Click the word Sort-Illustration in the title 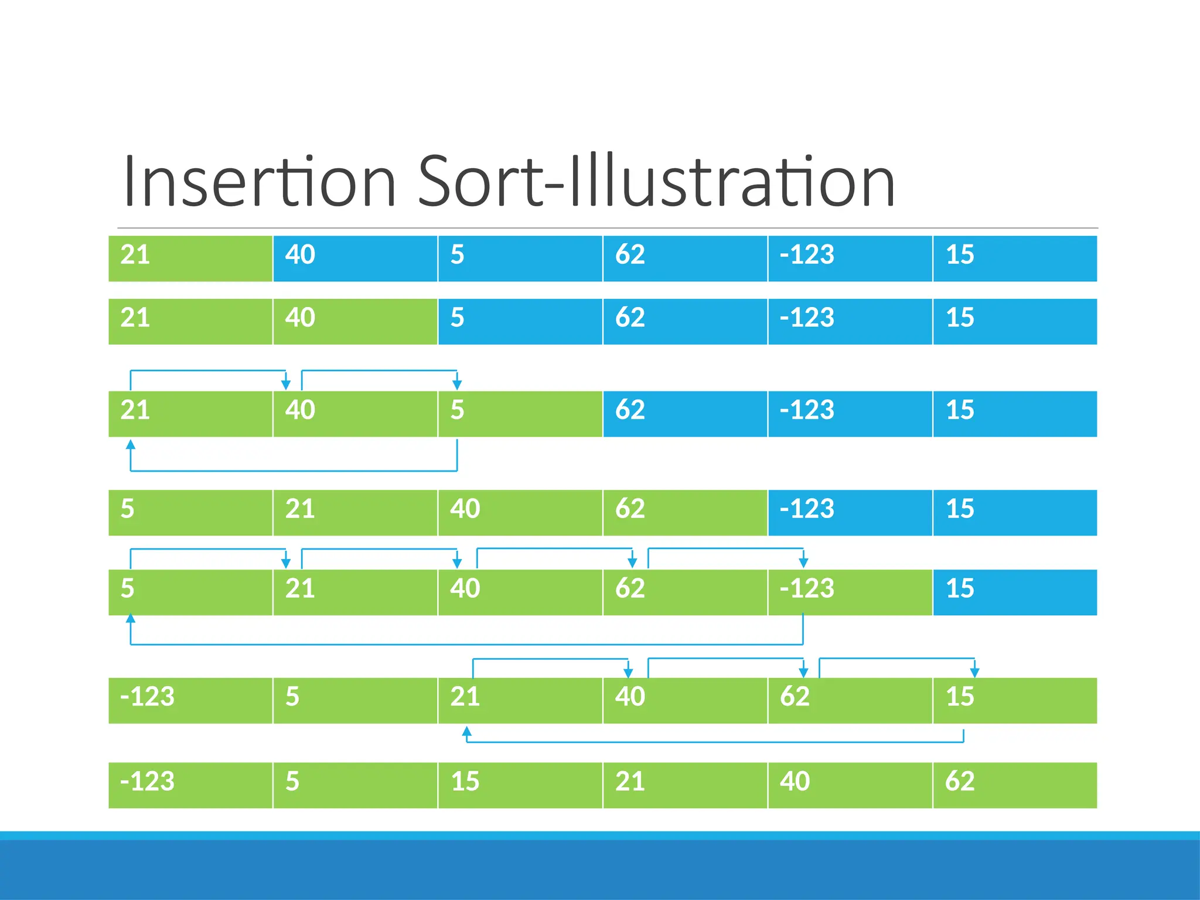[656, 182]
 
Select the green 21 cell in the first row [190, 258]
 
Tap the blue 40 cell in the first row [355, 258]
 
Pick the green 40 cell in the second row [355, 322]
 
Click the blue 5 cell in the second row [520, 322]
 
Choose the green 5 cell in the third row [520, 414]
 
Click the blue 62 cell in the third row [684, 414]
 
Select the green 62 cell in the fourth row [684, 513]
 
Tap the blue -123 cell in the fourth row [850, 513]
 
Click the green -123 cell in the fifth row [850, 592]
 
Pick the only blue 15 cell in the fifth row [1014, 592]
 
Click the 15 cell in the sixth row [1014, 701]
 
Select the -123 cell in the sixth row [190, 701]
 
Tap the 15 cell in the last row [520, 785]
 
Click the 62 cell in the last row [1014, 785]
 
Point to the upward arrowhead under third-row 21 [131, 445]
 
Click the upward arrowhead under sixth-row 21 [466, 731]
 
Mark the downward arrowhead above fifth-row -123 [803, 562]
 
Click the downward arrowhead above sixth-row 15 [974, 673]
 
